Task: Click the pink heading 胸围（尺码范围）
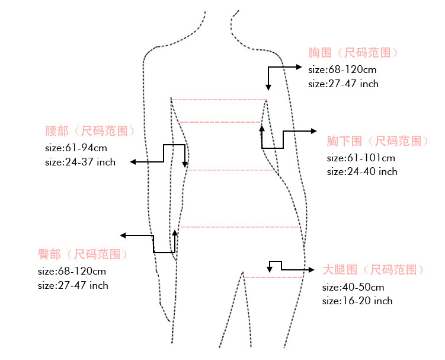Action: tap(353, 53)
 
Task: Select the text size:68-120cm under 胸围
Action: tap(338, 69)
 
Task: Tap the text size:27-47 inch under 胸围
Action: tap(343, 84)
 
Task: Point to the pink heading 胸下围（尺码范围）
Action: tap(377, 141)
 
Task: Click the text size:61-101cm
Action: tap(361, 158)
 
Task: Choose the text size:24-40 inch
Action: tap(362, 171)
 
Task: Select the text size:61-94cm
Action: tap(76, 148)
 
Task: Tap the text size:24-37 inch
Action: tap(80, 162)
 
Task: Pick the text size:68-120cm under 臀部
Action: tap(72, 271)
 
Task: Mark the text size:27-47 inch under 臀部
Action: tap(73, 285)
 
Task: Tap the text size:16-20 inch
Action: tap(357, 301)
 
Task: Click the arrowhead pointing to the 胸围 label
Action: tap(300, 66)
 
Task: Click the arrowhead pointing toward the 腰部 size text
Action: tap(134, 162)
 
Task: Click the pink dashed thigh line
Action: tap(274, 277)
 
